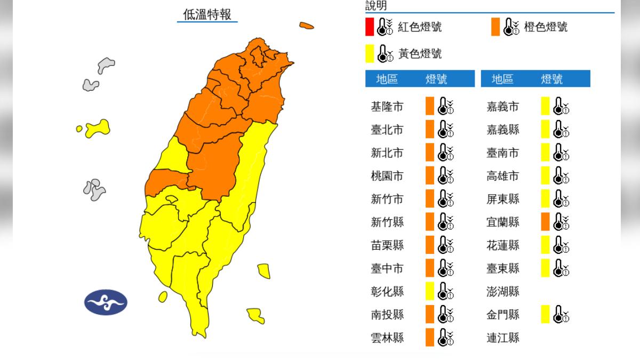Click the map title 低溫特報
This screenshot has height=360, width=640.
tap(207, 14)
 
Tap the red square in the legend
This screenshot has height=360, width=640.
tap(370, 27)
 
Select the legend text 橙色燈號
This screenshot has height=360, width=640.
tap(546, 27)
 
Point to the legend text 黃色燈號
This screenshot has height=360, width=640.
tap(420, 54)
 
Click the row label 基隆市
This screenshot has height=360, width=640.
tap(387, 107)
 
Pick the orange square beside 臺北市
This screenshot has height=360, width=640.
tap(429, 130)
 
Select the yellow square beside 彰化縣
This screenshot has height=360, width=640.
tap(429, 291)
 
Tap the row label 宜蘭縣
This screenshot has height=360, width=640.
tap(502, 222)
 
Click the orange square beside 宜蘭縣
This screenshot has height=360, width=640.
tap(545, 222)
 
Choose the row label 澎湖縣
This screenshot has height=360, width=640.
tap(502, 291)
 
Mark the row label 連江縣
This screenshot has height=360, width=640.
tap(502, 338)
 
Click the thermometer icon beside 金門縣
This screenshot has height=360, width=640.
tap(562, 314)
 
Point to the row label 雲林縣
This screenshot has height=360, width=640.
tap(387, 338)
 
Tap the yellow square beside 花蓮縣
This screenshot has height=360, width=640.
tap(545, 245)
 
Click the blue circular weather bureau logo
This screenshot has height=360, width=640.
tap(106, 302)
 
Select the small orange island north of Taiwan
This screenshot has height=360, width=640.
tap(306, 25)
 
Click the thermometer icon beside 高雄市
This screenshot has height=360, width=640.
tap(562, 175)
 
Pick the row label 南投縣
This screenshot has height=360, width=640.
tap(387, 314)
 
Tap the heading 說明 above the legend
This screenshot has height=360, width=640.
tap(376, 6)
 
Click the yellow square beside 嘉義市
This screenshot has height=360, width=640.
tap(545, 107)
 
